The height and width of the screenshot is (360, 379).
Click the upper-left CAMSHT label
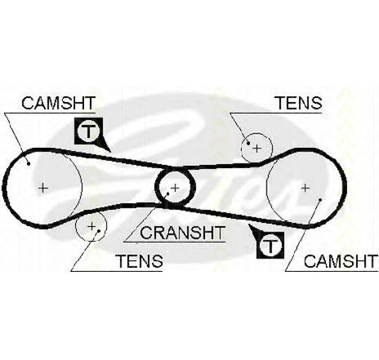pyautogui.click(x=58, y=103)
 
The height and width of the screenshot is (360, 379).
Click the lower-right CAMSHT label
pyautogui.click(x=341, y=261)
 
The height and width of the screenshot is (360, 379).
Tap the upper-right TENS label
pyautogui.click(x=300, y=103)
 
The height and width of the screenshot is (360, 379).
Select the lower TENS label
pyautogui.click(x=140, y=261)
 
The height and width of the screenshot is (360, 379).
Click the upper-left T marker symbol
pyautogui.click(x=88, y=131)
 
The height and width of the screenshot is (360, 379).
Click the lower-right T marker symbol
pyautogui.click(x=270, y=245)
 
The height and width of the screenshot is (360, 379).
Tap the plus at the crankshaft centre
pyautogui.click(x=175, y=188)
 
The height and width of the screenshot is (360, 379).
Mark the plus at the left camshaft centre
pyautogui.click(x=43, y=188)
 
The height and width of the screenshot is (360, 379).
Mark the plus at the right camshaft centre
pyautogui.click(x=305, y=188)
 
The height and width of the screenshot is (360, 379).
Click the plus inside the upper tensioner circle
pyautogui.click(x=256, y=149)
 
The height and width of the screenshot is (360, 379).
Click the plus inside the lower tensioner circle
pyautogui.click(x=91, y=226)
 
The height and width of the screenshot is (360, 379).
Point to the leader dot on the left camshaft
pyautogui.click(x=29, y=163)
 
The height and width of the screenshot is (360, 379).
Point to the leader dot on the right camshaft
pyautogui.click(x=320, y=200)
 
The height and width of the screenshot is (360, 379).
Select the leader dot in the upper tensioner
pyautogui.click(x=248, y=143)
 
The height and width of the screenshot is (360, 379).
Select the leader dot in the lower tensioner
pyautogui.click(x=99, y=231)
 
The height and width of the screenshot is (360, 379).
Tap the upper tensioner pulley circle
pyautogui.click(x=272, y=149)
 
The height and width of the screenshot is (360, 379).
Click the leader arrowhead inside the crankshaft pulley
pyautogui.click(x=167, y=194)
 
